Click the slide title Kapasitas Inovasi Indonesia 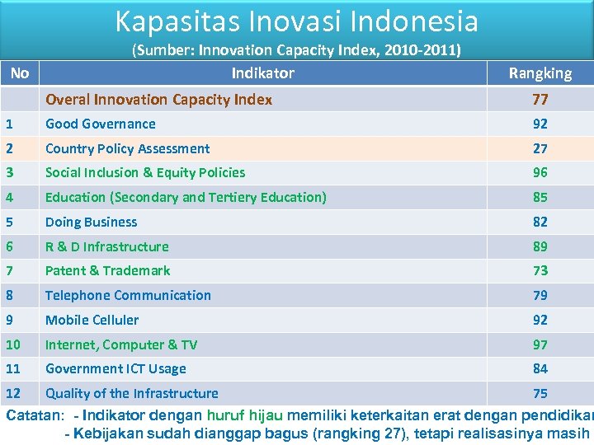[x=296, y=21]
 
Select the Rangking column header [x=540, y=73]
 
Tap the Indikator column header [x=262, y=73]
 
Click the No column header [x=20, y=73]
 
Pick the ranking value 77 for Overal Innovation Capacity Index [x=540, y=100]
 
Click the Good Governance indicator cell [x=101, y=124]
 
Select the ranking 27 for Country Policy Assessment [x=540, y=148]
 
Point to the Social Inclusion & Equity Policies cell [x=145, y=172]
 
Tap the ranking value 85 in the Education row [x=540, y=197]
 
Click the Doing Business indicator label [x=92, y=222]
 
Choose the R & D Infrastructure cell [x=107, y=246]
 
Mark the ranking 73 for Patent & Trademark [x=540, y=270]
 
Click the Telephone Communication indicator [x=128, y=295]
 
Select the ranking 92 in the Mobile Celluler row [x=540, y=320]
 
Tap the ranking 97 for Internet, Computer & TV [x=540, y=344]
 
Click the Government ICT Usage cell [x=115, y=368]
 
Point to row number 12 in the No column [x=12, y=393]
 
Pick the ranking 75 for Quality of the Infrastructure [x=540, y=393]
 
